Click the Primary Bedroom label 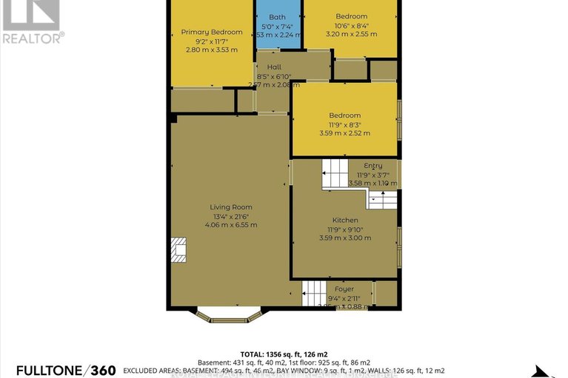coord(212,32)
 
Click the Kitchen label coord(345,220)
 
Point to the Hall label coord(274,67)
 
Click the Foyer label coord(344,289)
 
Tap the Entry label coord(373,166)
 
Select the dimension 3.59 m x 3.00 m coord(345,238)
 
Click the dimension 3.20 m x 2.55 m coord(351,34)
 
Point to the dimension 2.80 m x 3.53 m coord(212,50)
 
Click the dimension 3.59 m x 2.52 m coord(345,133)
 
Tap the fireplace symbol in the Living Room coord(179,250)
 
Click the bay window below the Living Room coord(229,316)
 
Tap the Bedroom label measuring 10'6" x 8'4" coord(351,16)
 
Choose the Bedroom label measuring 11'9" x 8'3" coord(345,115)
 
